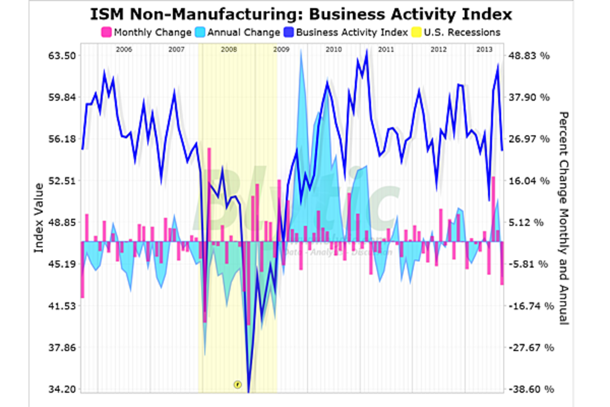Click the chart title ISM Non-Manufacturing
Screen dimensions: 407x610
pos(301,14)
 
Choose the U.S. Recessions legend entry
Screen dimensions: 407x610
pos(462,33)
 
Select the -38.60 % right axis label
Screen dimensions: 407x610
pos(529,389)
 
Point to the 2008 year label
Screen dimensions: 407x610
pos(229,50)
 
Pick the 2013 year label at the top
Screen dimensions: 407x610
pos(484,50)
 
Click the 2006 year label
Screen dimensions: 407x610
pos(124,50)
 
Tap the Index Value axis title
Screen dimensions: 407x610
pos(39,218)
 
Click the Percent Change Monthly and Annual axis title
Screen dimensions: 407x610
pos(563,218)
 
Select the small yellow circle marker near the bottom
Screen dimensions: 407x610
pos(237,384)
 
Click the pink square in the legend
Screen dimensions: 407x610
pos(107,33)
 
